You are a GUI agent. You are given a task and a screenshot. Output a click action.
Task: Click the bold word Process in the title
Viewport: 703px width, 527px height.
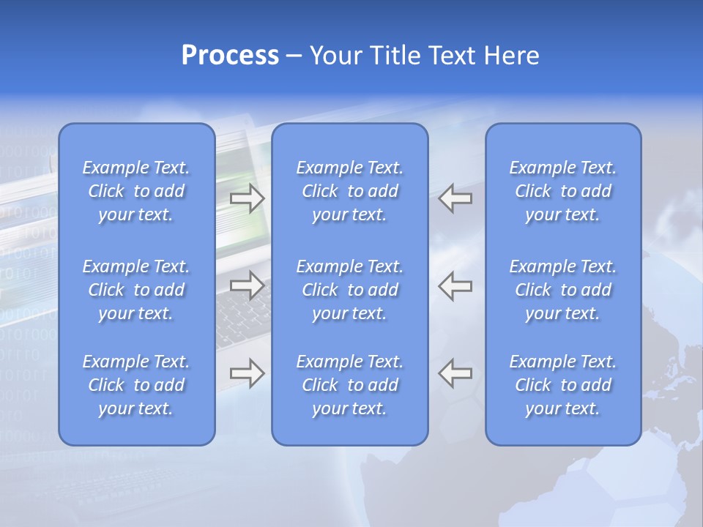230,56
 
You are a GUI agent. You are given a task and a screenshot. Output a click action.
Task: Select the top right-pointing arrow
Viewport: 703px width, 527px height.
247,198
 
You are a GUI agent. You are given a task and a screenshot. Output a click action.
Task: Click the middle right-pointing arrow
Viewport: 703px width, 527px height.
247,285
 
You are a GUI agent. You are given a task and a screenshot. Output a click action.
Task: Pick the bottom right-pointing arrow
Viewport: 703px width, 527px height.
247,373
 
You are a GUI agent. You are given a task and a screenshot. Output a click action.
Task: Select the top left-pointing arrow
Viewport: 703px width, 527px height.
455,198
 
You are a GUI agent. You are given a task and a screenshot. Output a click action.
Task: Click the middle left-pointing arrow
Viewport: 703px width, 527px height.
455,285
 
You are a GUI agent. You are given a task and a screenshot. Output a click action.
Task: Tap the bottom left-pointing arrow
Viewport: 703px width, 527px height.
455,373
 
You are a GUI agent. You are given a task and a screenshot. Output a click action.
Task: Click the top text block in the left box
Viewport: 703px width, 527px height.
136,191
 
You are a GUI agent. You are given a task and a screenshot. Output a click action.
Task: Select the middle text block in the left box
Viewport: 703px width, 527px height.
136,290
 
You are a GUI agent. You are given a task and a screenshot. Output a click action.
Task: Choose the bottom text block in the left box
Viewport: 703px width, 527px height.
136,385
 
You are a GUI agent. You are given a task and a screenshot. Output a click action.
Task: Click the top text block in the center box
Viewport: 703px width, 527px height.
349,191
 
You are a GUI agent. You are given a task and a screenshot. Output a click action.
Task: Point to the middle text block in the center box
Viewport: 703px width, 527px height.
349,290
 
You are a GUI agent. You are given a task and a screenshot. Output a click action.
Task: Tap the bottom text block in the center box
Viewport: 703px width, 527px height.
349,385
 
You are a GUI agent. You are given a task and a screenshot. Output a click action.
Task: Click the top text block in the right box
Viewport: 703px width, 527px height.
562,191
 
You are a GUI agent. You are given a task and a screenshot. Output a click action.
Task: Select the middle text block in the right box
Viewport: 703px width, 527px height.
562,290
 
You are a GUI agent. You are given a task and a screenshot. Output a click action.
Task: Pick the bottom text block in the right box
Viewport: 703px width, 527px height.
562,385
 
